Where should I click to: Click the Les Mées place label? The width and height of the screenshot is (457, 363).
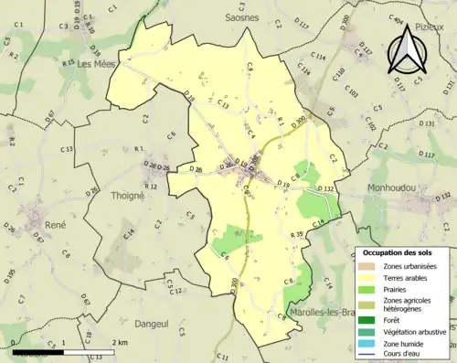[98, 64]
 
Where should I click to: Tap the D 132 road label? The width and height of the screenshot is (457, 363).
[330, 187]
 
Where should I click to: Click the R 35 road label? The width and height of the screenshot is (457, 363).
[296, 235]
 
